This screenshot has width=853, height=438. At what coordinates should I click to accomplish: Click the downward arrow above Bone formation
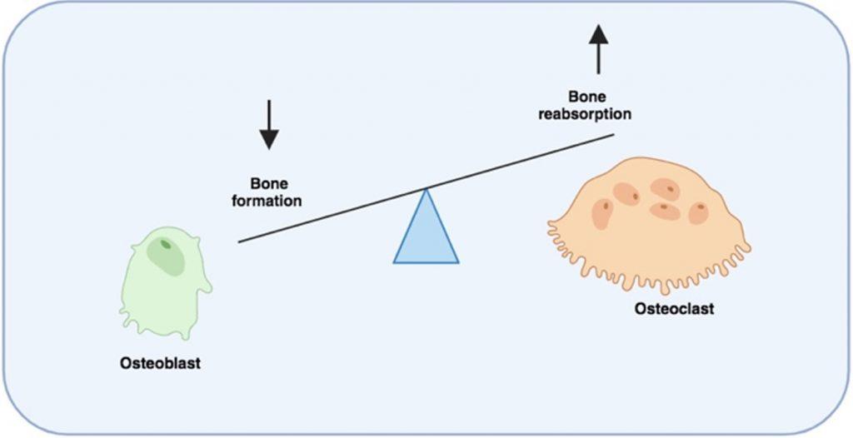pos(267,125)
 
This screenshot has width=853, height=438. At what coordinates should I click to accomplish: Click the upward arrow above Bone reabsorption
pos(596,49)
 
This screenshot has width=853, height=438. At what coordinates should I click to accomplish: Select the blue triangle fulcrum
pos(426,233)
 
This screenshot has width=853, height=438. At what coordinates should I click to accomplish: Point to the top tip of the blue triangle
pos(426,191)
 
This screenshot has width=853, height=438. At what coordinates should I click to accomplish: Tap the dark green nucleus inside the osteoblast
pos(166,245)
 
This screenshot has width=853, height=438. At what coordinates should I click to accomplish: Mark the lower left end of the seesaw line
pos(240,241)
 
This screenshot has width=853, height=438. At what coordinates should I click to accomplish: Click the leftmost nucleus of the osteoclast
pos(604,214)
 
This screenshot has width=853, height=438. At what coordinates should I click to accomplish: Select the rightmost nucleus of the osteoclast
pos(698,213)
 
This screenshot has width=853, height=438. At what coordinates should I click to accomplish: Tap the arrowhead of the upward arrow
pos(596,32)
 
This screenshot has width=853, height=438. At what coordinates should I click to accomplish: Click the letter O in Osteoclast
pos(640,309)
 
